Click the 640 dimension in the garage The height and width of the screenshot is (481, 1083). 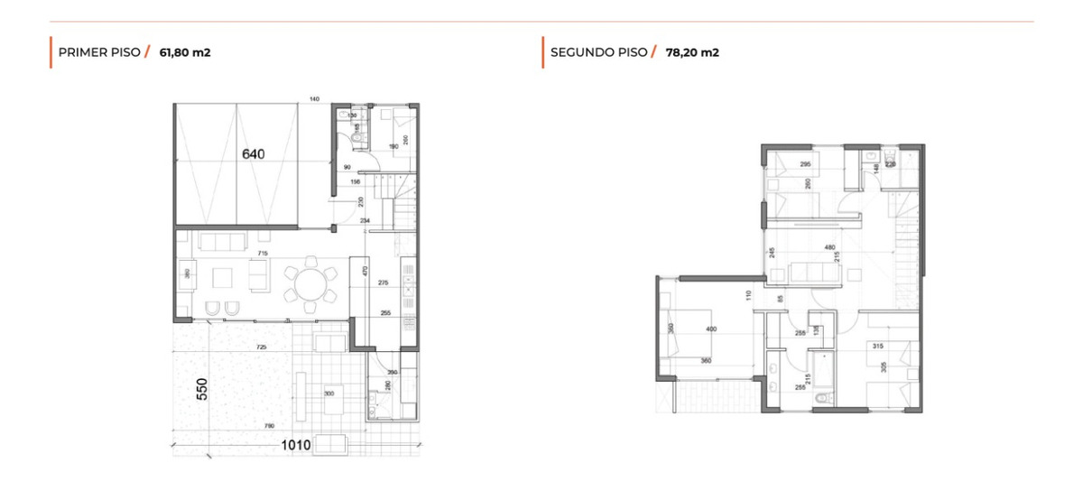point(254,154)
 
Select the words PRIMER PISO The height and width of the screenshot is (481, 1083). point(98,52)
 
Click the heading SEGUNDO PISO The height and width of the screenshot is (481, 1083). point(598,52)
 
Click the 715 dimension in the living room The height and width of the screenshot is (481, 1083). point(263,255)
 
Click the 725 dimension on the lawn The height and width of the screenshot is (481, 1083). point(261,347)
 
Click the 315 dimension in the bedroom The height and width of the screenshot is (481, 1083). point(877,346)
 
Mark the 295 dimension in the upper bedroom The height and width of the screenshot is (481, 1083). point(805,164)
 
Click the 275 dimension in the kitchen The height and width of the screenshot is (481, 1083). point(383,283)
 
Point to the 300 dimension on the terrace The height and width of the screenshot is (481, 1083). point(329,394)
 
